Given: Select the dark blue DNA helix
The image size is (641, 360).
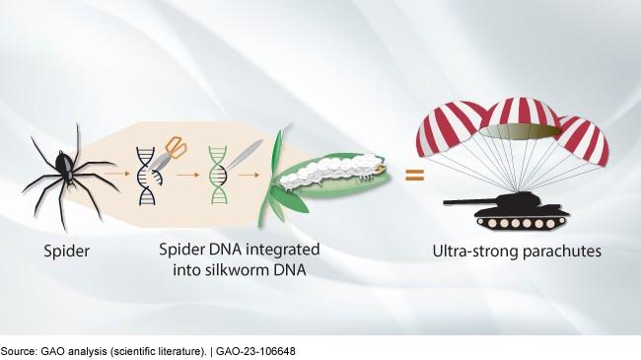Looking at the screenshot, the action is coord(148,176).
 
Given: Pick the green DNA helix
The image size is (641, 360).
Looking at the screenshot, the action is coord(218,175).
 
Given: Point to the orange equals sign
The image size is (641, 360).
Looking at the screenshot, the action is coord(414,176).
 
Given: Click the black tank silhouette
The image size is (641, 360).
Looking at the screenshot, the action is coord(507,209).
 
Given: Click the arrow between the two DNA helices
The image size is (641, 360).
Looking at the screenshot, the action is coord(187,175).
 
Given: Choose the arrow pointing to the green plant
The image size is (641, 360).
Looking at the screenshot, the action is coord(249,175).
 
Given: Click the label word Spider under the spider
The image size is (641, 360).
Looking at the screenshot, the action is coord(67,252).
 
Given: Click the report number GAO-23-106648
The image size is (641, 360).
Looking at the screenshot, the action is coord(255,351).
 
